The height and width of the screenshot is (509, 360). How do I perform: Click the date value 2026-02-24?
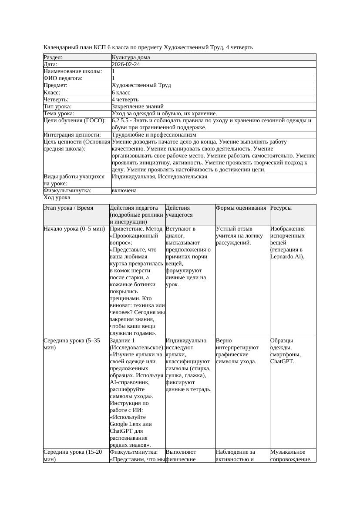[126, 64]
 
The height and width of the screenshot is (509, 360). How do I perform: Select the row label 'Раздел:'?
[53, 57]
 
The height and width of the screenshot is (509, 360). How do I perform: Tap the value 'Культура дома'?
[131, 57]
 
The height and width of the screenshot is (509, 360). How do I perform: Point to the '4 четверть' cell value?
[124, 100]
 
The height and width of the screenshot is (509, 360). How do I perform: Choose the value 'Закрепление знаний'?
[138, 107]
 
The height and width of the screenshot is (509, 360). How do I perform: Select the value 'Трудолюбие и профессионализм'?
[154, 135]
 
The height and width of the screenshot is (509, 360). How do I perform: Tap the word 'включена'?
[124, 191]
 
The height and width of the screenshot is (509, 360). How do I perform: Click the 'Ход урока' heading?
[57, 198]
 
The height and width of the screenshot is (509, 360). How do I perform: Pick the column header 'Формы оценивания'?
[241, 208]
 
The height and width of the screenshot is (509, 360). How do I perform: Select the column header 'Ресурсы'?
[281, 208]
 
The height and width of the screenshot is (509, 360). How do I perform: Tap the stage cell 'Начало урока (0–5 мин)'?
[74, 229]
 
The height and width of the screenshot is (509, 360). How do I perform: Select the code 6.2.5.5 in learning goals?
[121, 121]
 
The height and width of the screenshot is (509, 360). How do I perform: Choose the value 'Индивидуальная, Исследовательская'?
[159, 177]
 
